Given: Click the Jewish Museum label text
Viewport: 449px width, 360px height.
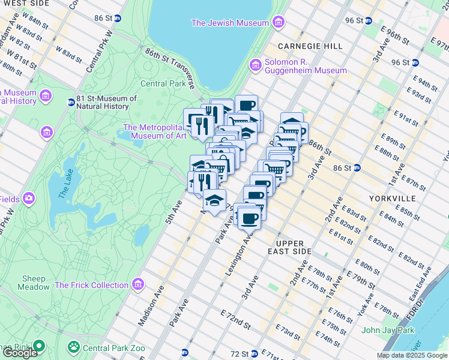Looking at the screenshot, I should (230, 23).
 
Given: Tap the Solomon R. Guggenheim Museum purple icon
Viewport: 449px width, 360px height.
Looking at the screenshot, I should (256, 64).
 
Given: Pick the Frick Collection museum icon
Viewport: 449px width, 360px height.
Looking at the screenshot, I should (139, 283).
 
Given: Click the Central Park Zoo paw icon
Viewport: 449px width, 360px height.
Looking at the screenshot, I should (74, 346).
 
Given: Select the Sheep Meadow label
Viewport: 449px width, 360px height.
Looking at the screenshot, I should (35, 283).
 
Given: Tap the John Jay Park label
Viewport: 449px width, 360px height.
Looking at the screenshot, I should (388, 330).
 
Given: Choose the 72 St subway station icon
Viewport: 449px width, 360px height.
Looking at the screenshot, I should (185, 353).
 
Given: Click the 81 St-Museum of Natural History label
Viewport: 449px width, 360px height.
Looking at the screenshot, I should (102, 103).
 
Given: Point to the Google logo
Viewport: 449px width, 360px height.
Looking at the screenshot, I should (20, 352).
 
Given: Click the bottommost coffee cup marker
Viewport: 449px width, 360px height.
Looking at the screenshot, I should (249, 218).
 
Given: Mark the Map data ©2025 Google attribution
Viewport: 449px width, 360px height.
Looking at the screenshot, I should (412, 355).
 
